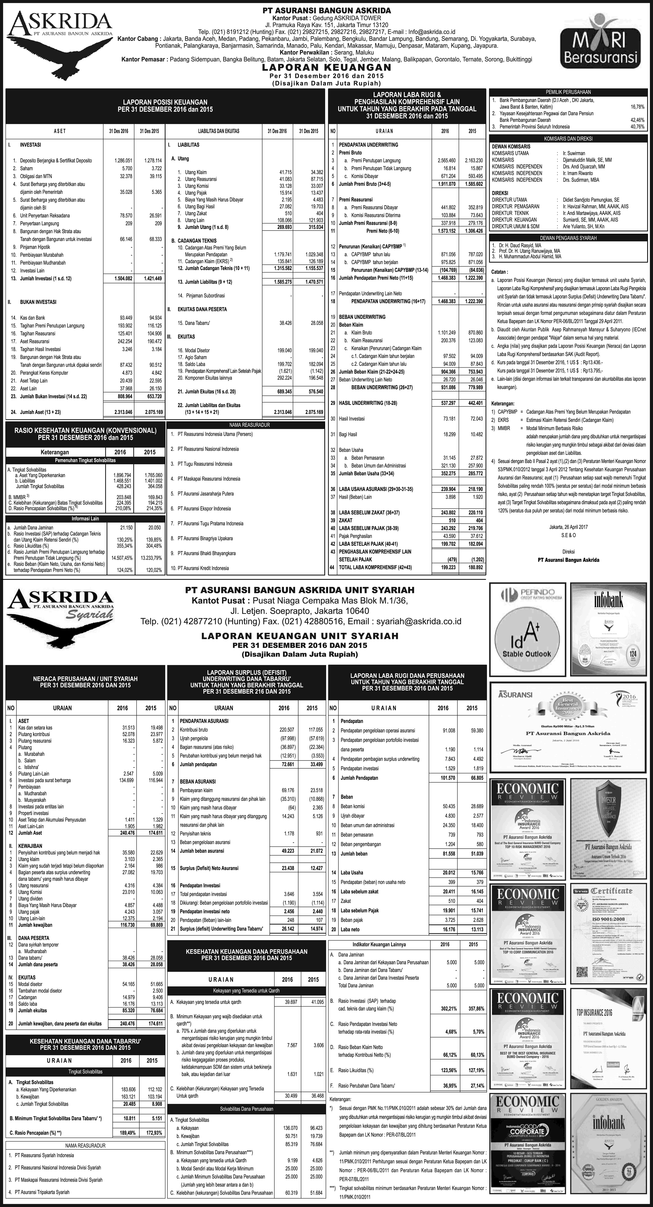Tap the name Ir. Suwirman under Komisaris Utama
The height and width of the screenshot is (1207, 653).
point(571,153)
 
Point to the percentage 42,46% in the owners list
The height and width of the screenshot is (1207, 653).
point(637,120)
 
